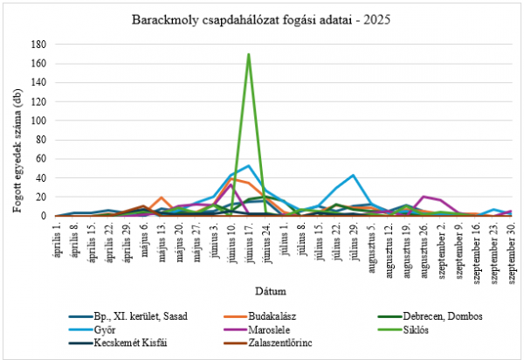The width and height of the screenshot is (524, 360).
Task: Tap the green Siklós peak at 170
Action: pos(249,54)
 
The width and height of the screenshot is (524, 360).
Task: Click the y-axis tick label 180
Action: pos(38,45)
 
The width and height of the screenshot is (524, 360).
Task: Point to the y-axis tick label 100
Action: pos(38,121)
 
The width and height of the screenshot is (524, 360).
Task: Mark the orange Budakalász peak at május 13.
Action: pos(162,197)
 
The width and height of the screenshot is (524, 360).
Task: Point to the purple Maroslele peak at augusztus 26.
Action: pos(424,197)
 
